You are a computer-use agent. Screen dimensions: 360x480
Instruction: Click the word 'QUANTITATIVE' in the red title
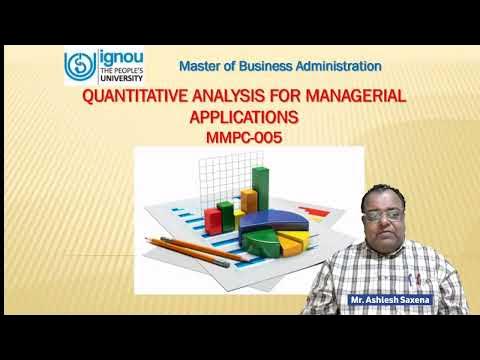tap(137, 97)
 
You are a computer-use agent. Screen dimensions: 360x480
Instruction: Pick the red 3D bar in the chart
tap(213, 217)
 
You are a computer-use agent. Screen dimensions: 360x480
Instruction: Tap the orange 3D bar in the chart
tap(239, 207)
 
